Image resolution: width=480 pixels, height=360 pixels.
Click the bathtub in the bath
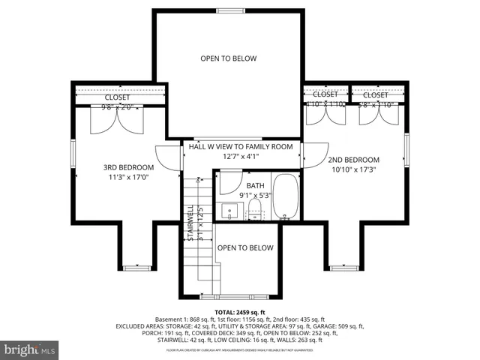pos(285,196)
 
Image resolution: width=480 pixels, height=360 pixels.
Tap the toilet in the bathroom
pos(255,208)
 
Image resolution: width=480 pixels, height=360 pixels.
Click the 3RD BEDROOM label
pos(128,167)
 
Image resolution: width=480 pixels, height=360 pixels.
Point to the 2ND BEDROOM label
pos(353,160)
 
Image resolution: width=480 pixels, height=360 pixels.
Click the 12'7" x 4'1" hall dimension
pos(240,157)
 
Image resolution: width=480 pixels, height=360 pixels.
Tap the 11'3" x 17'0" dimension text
pos(128,178)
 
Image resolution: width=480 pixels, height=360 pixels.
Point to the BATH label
pos(256,184)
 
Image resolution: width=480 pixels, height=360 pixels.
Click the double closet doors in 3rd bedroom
pos(115,121)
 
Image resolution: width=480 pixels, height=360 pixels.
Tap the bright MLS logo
pos(30,349)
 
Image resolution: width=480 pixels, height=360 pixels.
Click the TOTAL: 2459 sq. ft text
pos(240,311)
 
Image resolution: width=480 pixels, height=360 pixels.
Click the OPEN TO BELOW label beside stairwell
pos(245,247)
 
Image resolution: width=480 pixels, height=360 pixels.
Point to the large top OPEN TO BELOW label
pos(229,58)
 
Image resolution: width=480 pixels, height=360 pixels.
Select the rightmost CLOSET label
pos(376,95)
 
